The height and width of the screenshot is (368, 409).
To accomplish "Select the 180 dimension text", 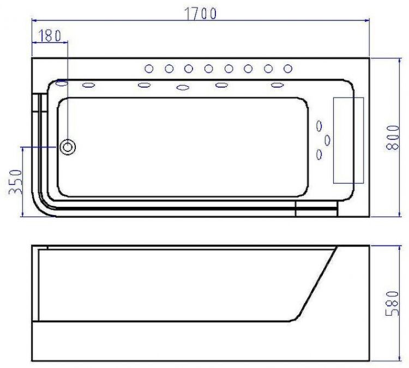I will coord(50,35).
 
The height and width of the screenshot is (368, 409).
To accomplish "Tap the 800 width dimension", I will coord(393,138).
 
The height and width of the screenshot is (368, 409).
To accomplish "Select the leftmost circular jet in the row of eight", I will coord(149,69).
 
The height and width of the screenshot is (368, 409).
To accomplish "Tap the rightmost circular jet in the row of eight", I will coord(288,69).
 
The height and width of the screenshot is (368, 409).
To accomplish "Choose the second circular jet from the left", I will coord(169,69).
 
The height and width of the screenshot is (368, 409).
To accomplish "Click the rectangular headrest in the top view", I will coord(348,140).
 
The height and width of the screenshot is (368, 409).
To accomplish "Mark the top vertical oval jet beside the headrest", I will coord(319,125).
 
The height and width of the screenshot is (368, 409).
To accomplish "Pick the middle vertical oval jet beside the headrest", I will coord(327,140).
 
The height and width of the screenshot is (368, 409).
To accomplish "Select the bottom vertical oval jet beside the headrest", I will coord(319,155).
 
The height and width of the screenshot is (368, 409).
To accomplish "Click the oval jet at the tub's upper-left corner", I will coord(62,83).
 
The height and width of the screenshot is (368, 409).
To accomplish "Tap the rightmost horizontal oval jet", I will coord(278,85).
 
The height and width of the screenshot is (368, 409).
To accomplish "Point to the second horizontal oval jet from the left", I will coord(144,85).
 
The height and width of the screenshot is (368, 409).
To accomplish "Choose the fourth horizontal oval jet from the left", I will coord(221,85).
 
